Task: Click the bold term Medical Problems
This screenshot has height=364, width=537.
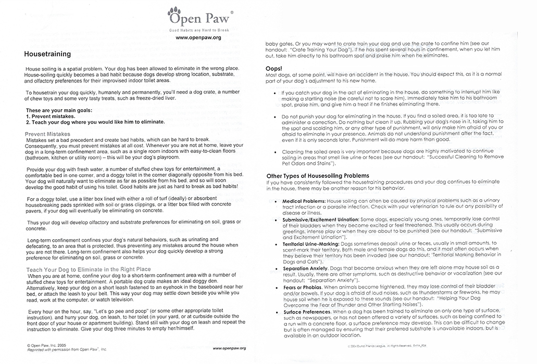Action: tap(304, 201)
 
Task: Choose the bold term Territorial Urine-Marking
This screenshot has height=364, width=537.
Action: tap(311, 244)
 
